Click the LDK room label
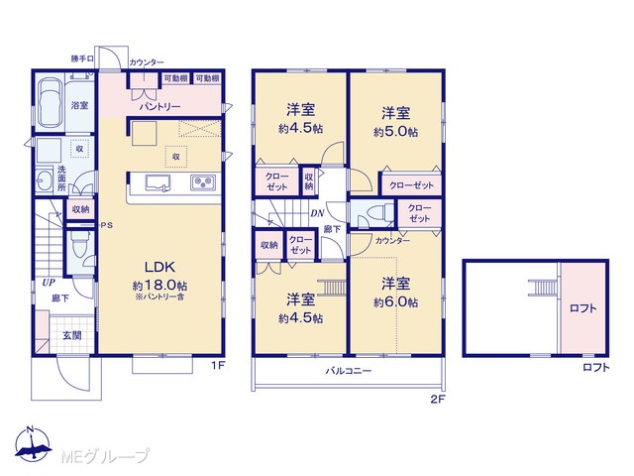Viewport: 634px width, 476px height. pos(159,267)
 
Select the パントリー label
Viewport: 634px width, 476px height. pos(159,107)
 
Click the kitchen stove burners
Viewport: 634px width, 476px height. pos(202,182)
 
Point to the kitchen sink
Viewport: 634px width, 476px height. pos(158,182)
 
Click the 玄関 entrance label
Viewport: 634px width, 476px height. pos(72,335)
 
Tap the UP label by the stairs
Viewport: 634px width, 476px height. pos(49,283)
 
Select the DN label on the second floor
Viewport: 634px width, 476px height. pos(317,213)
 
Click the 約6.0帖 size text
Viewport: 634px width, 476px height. pos(395,302)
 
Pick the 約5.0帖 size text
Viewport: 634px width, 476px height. pos(395,132)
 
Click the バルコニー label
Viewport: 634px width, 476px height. pos(349,370)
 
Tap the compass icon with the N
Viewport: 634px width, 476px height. pos(33,443)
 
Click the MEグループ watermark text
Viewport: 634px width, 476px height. pos(105,456)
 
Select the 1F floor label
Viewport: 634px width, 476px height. pos(218,366)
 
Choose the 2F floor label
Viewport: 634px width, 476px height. pos(438,400)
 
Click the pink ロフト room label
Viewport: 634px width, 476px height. pos(582,308)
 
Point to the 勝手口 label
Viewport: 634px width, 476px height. pos(82,59)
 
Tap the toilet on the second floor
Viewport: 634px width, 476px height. pos(380,212)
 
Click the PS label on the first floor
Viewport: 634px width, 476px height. pos(107,225)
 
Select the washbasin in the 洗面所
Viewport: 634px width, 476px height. pos(44,179)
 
